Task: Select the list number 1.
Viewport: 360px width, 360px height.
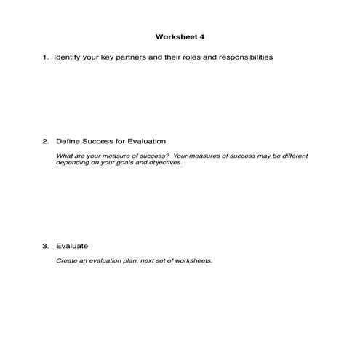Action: [x=45, y=57]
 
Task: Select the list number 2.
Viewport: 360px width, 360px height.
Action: [x=45, y=140]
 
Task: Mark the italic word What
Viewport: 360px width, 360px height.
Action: [x=64, y=156]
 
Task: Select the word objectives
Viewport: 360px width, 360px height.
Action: [x=164, y=163]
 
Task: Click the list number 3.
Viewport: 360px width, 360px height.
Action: [x=45, y=246]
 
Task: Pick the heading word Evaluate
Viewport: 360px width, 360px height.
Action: [x=71, y=246]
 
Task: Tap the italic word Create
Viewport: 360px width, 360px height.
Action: [x=66, y=260]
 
